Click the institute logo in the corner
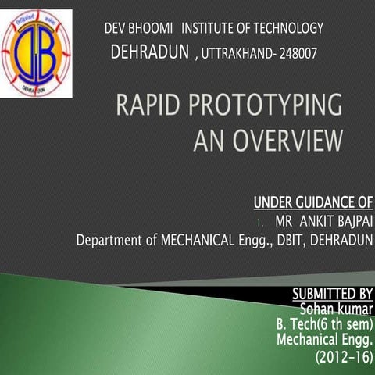(37, 53)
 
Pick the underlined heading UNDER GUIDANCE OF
(313, 204)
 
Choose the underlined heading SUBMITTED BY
(332, 294)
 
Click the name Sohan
(317, 309)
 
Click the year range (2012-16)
(345, 358)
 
